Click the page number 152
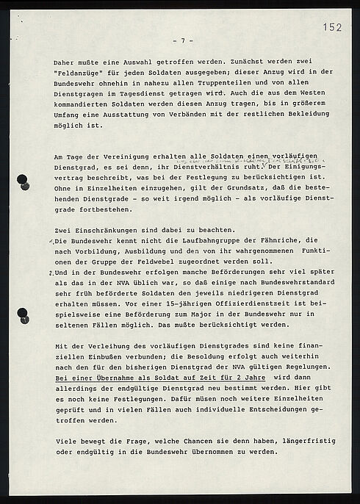point(332,27)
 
